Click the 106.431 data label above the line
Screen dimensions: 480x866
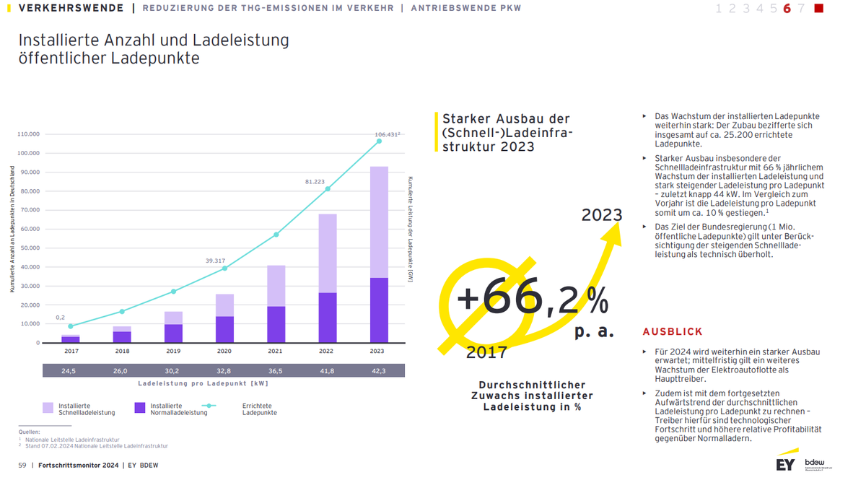point(386,134)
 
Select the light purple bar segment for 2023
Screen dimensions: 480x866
point(379,222)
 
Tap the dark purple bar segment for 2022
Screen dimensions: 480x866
point(328,318)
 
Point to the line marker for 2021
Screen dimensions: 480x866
point(276,235)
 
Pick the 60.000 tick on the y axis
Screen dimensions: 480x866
point(28,229)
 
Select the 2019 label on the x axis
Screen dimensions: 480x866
point(173,352)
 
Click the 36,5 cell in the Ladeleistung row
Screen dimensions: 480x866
point(276,371)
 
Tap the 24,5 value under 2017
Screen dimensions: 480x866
point(69,371)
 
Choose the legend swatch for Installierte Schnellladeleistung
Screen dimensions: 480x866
point(48,408)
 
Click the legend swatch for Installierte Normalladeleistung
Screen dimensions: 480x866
point(140,408)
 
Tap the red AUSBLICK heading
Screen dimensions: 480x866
point(672,332)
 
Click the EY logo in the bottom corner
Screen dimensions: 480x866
point(785,463)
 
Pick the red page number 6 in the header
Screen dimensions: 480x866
point(787,9)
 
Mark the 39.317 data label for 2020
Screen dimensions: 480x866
point(215,261)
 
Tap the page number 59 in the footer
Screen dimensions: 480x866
point(22,466)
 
